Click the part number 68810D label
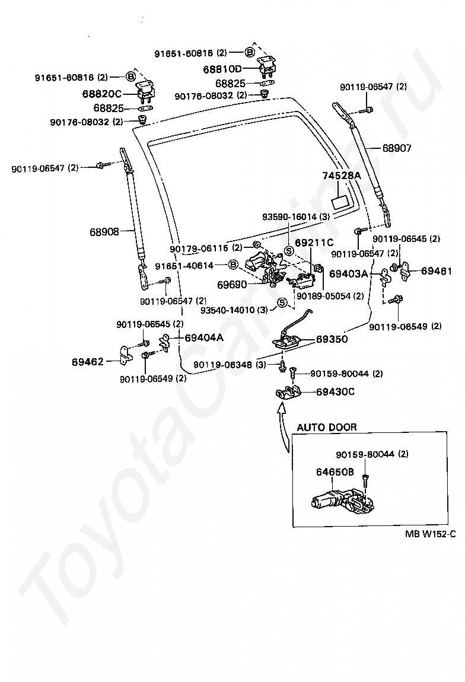point(222,69)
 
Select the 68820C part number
point(102,94)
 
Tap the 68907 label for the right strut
point(397,148)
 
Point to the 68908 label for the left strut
point(104,232)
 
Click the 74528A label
point(342,176)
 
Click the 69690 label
point(232,285)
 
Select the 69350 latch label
point(332,339)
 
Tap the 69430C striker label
point(335,391)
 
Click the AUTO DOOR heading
point(327,427)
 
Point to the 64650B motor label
point(335,471)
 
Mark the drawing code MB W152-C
point(430,534)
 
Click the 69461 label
point(437,271)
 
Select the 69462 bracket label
point(87,361)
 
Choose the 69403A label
point(348,273)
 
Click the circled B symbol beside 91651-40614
point(233,265)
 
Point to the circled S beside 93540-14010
point(282,302)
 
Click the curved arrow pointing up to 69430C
point(284,428)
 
